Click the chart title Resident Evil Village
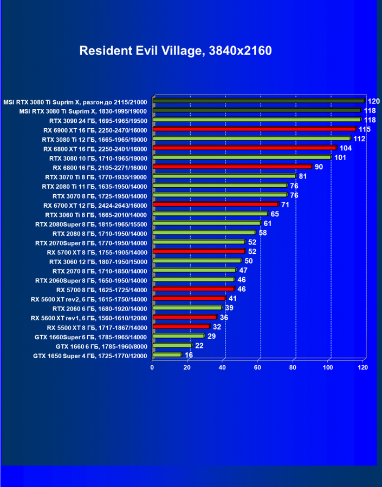pos(176,51)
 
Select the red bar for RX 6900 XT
pos(254,129)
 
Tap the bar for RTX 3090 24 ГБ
pos(257,120)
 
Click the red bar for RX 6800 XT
pos(244,148)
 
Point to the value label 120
pos(374,101)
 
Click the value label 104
pos(346,148)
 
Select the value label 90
pos(319,167)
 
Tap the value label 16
pos(189,355)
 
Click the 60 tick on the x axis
pos(257,367)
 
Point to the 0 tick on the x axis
pos(152,367)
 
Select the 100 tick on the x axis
pos(328,367)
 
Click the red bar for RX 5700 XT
pos(199,252)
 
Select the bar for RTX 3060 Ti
pos(210,214)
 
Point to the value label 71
pos(286,205)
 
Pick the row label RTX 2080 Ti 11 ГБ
pos(94,186)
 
